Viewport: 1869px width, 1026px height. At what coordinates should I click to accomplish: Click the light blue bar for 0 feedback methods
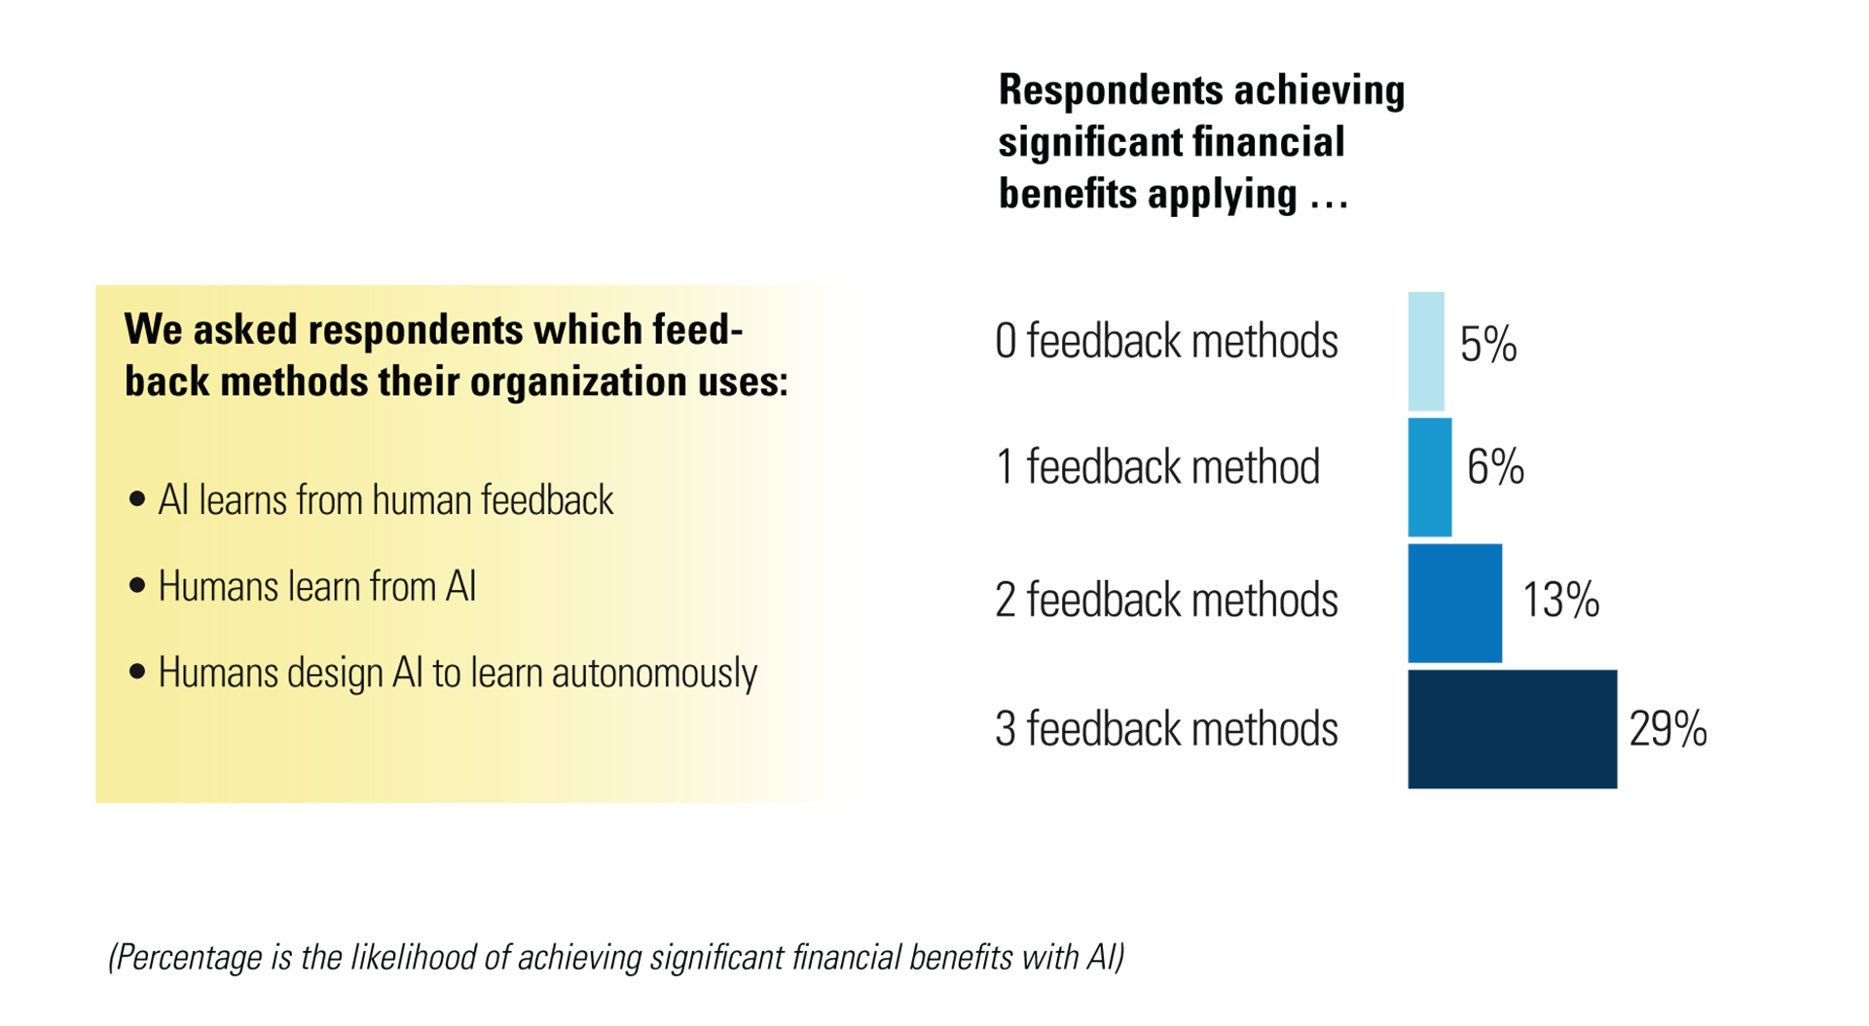(x=1426, y=351)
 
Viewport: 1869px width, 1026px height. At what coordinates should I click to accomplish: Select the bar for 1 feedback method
(x=1430, y=477)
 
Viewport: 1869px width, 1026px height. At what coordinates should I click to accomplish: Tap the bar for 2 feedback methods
(x=1455, y=604)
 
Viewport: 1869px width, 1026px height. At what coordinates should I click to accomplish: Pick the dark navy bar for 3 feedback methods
(x=1513, y=729)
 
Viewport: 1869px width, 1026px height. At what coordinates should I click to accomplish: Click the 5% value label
(x=1488, y=345)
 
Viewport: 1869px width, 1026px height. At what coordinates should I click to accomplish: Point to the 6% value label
(x=1495, y=467)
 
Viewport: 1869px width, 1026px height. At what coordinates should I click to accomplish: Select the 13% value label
(x=1561, y=600)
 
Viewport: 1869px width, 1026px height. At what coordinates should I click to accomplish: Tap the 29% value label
(x=1668, y=729)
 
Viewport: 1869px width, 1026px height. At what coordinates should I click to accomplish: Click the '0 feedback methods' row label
(x=1166, y=342)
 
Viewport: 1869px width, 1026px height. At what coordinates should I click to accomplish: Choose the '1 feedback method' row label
(x=1157, y=467)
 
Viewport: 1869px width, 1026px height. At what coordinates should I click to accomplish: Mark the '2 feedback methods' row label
(x=1166, y=600)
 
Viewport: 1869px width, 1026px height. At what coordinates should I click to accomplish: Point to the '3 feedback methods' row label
(x=1166, y=729)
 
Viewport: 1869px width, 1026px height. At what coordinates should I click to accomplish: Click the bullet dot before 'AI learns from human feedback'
(x=137, y=499)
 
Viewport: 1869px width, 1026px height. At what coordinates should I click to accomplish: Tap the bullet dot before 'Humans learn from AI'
(x=137, y=586)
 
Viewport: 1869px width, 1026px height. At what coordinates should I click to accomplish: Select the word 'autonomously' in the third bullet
(x=654, y=674)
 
